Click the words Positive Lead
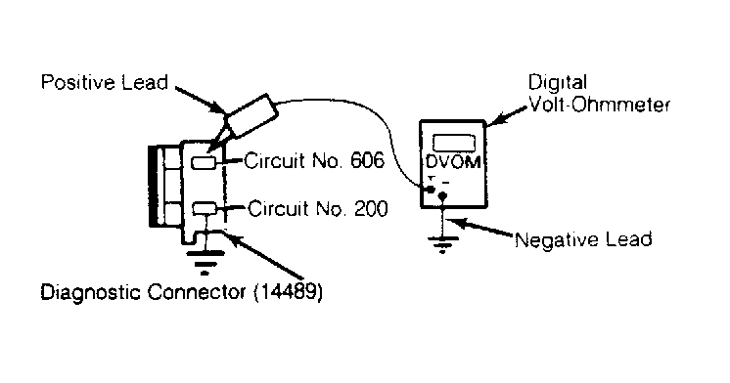[104, 82]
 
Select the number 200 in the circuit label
[371, 209]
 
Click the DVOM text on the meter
[452, 162]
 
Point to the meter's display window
[453, 143]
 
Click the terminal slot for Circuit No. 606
[204, 162]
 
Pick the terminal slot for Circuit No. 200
[205, 209]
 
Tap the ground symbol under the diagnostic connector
[205, 262]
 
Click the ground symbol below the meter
[442, 244]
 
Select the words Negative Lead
[583, 239]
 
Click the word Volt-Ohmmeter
[600, 105]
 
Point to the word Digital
[557, 83]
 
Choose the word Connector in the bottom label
[197, 292]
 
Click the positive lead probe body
[251, 115]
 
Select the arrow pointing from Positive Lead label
[200, 100]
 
